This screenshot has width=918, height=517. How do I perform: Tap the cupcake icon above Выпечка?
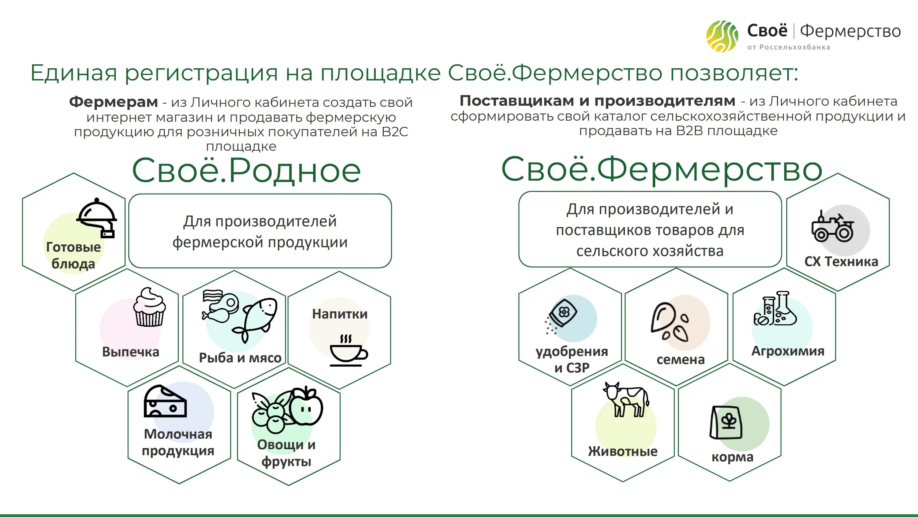(149, 308)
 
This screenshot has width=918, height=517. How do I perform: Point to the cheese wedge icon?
(165, 402)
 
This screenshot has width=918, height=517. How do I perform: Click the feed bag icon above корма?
(726, 422)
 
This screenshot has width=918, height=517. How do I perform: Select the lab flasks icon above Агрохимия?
(775, 309)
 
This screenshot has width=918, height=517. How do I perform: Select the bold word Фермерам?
(113, 102)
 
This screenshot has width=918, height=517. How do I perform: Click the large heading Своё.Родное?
(246, 171)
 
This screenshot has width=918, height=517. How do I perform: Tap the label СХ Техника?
(841, 262)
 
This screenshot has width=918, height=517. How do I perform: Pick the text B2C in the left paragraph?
(394, 132)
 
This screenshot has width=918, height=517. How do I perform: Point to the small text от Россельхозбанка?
(789, 47)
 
